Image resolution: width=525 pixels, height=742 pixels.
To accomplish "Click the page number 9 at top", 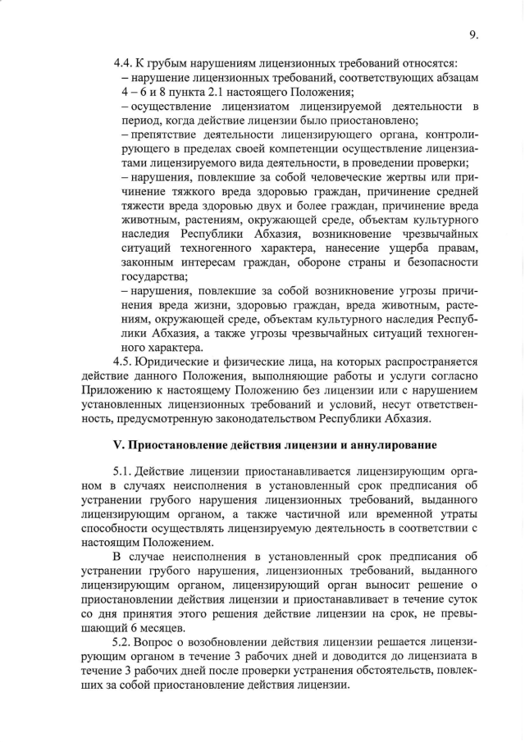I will (473, 34).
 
